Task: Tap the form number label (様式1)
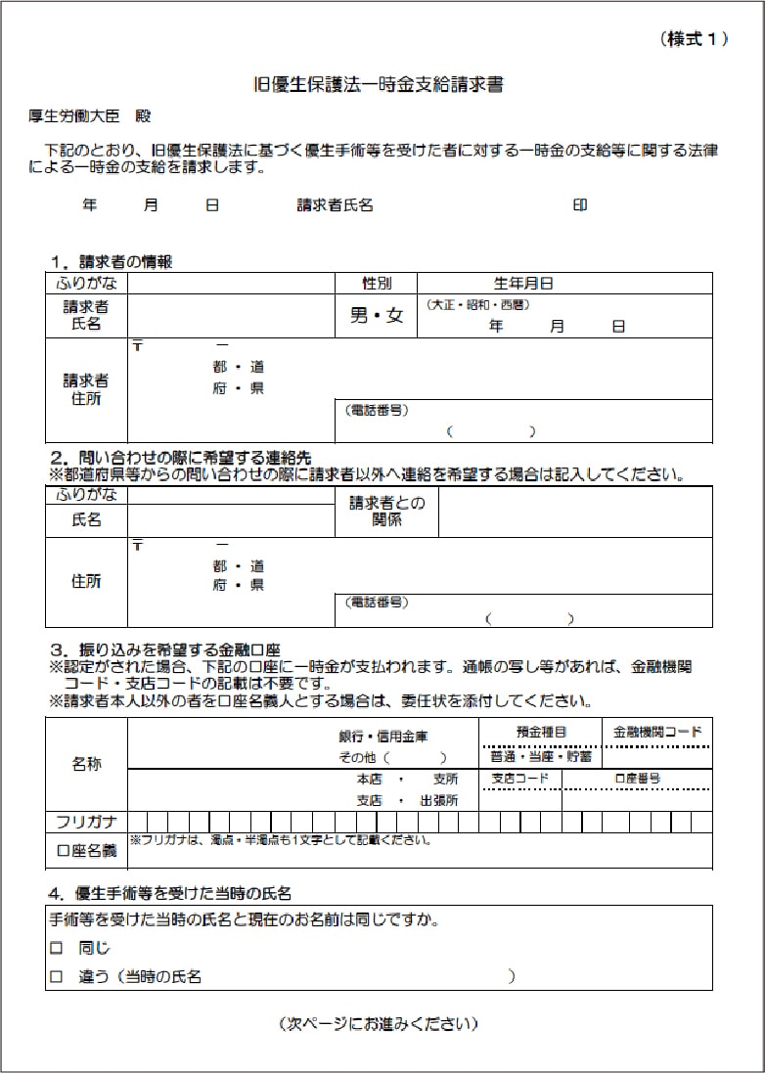point(695,39)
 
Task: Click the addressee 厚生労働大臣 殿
point(90,115)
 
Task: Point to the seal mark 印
point(580,205)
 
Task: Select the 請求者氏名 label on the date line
point(335,205)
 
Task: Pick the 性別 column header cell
point(377,284)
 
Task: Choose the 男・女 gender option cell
point(377,316)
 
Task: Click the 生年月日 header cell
point(523,284)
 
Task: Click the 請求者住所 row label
point(86,389)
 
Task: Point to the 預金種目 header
point(541,731)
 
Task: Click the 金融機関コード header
point(657,731)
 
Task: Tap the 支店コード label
point(520,779)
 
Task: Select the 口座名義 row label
point(86,852)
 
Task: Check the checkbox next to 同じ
point(56,948)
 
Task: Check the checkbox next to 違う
point(56,976)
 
